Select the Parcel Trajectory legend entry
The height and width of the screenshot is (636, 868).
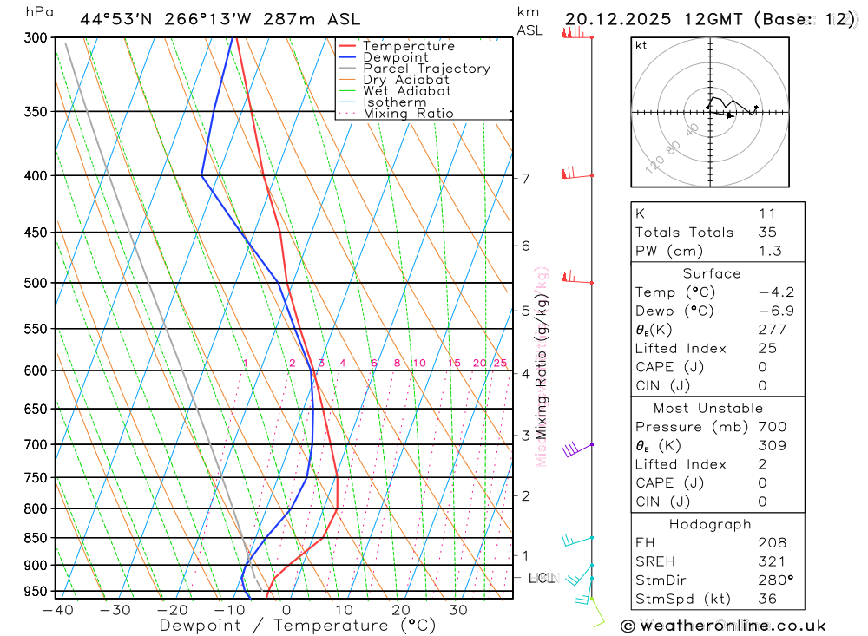coord(426,69)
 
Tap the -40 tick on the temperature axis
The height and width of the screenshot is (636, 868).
coord(57,610)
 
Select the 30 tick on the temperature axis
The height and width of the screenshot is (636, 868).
coord(457,610)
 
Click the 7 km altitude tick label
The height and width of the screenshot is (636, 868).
coord(526,179)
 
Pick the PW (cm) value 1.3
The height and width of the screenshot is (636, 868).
coord(769,251)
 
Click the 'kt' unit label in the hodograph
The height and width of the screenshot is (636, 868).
coord(641,45)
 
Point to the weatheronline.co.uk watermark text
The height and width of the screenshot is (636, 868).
coord(723,625)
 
